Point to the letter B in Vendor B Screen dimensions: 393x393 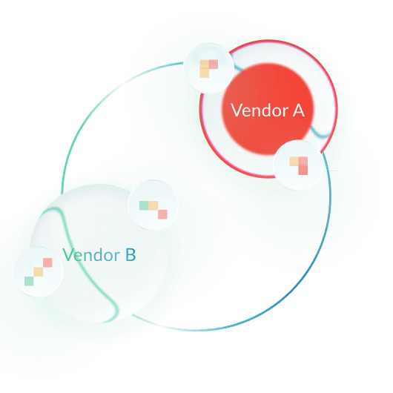(x=130, y=256)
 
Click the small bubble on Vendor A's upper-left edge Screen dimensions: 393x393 (x=208, y=68)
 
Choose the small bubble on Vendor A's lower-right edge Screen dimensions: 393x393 (x=299, y=165)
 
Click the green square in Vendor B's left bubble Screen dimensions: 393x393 (x=29, y=281)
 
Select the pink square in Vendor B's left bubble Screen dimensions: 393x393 (x=47, y=262)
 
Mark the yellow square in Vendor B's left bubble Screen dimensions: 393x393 (x=38, y=272)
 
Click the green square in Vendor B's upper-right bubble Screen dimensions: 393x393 (x=144, y=205)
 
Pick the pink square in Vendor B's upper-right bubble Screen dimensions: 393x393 (x=162, y=214)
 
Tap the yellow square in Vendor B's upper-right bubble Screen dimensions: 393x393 (x=153, y=205)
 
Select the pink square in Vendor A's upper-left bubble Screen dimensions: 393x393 (x=214, y=65)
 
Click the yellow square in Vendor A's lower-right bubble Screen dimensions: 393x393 (x=294, y=161)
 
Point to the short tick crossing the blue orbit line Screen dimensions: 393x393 (x=331, y=171)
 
